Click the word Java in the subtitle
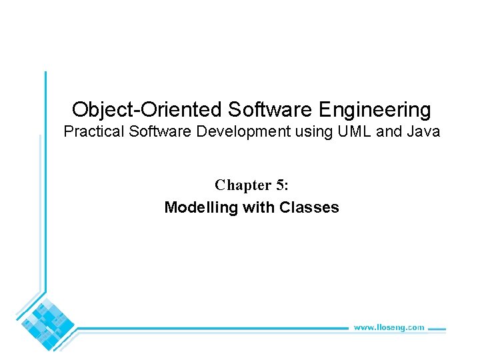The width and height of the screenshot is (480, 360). [x=423, y=131]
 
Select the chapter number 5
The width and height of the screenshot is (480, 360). [x=281, y=185]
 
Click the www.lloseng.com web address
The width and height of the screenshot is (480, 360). [x=389, y=327]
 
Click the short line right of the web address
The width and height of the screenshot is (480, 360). [x=436, y=328]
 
